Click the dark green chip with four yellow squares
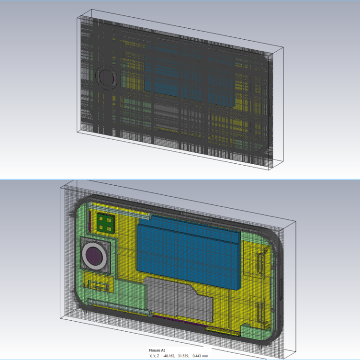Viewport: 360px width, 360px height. pos(106,223)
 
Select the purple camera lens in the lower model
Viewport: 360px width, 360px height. pos(94,256)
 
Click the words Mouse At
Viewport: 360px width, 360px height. pos(157,350)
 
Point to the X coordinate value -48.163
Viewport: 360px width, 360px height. pos(169,356)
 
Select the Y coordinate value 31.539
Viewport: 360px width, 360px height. pos(183,356)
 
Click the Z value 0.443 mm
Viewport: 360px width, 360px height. pos(200,356)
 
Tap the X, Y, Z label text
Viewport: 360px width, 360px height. pos(154,356)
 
